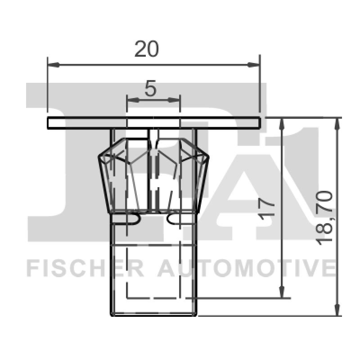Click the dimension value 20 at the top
tap(147, 49)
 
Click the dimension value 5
tap(150, 89)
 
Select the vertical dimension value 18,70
tap(324, 218)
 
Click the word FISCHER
tap(85, 268)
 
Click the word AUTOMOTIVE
tap(246, 268)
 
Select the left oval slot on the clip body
tap(128, 218)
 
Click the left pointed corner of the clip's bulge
tap(99, 157)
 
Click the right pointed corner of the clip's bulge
tap(208, 157)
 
